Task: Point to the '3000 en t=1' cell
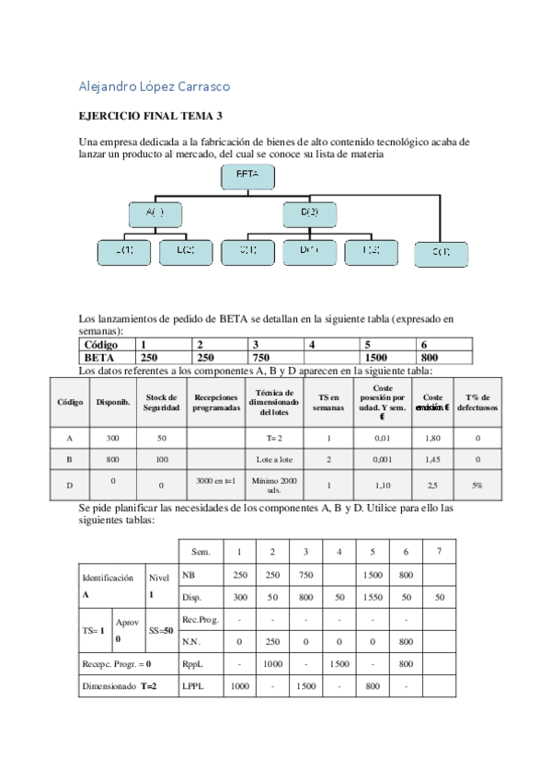click(x=216, y=480)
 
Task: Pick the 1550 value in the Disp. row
click(x=373, y=597)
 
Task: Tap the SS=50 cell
click(x=158, y=630)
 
